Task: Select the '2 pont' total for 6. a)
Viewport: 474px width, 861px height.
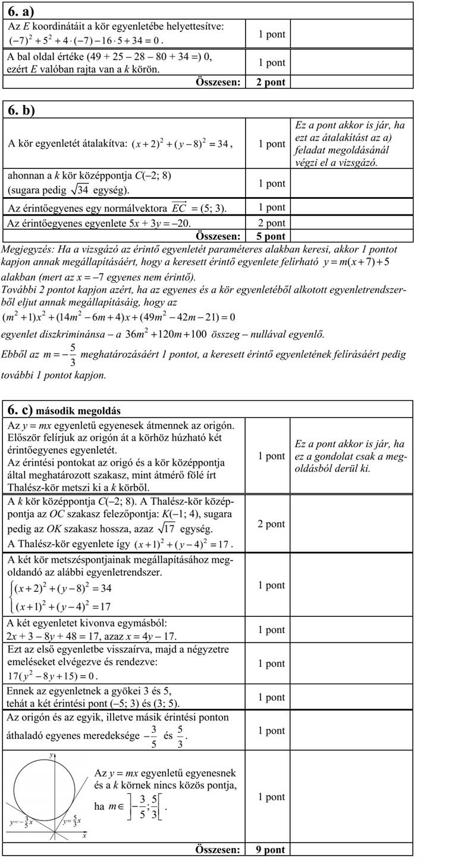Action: coord(271,82)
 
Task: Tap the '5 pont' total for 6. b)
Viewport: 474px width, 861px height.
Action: coord(271,236)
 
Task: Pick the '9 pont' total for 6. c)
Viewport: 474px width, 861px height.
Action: coord(271,850)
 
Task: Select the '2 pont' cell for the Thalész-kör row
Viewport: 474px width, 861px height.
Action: coord(271,524)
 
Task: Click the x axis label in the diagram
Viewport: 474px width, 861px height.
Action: coord(84,835)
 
